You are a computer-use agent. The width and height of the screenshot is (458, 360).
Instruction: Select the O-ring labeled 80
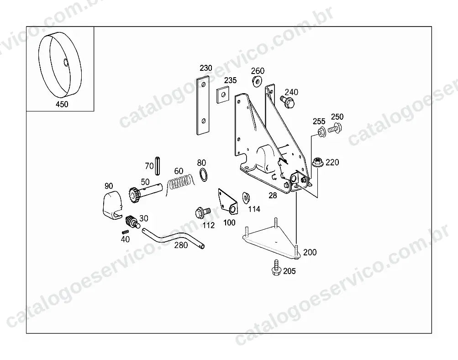click(x=204, y=175)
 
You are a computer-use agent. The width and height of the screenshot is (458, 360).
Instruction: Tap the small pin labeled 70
click(x=158, y=166)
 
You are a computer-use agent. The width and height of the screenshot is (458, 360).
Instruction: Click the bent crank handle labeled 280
click(x=173, y=237)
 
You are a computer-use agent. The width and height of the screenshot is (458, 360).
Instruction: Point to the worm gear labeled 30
click(x=132, y=222)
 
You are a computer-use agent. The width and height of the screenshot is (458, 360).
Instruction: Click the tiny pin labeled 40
click(x=125, y=232)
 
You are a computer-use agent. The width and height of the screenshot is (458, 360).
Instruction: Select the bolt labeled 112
click(x=202, y=212)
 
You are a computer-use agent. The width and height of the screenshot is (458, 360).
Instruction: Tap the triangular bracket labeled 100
click(x=228, y=201)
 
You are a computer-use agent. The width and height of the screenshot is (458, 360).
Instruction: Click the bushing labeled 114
click(x=246, y=198)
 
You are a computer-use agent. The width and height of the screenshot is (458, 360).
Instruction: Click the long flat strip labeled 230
click(x=203, y=105)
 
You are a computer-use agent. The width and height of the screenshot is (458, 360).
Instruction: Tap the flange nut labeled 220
click(x=317, y=162)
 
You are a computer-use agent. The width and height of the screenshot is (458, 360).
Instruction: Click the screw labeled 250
click(x=335, y=128)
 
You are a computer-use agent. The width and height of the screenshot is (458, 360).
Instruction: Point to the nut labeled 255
click(x=321, y=132)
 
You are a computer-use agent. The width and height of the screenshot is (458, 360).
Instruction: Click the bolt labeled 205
click(x=276, y=267)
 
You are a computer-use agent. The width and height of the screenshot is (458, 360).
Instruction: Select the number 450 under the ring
click(x=62, y=104)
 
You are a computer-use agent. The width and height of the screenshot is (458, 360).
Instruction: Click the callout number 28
click(x=273, y=196)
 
